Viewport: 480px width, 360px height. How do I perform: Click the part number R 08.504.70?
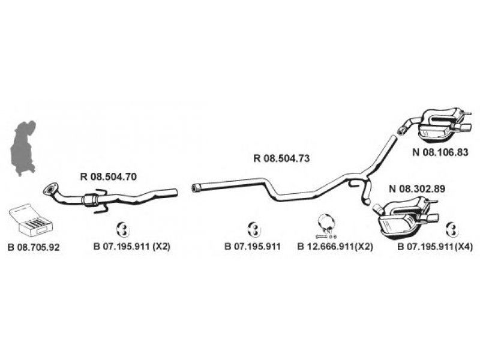(x=109, y=176)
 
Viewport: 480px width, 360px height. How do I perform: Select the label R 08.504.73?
(x=281, y=159)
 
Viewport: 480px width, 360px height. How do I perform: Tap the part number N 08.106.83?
(x=440, y=152)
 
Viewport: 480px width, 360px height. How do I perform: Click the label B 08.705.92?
(x=34, y=247)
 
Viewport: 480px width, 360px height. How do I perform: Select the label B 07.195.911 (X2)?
(x=132, y=247)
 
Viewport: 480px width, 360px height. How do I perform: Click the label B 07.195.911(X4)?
(x=435, y=247)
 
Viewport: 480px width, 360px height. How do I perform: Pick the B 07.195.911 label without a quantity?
(x=253, y=247)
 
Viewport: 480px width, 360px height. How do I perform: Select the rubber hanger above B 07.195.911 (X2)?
(x=122, y=228)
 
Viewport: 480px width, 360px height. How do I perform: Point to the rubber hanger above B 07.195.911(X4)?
(x=452, y=228)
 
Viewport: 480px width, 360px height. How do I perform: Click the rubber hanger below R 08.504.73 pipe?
(x=253, y=228)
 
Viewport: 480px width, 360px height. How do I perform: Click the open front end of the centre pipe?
(x=195, y=189)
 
